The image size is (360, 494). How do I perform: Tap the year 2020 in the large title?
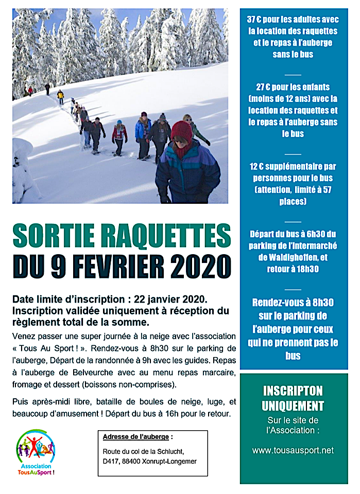click(x=199, y=266)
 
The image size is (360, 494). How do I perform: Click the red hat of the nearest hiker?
click(x=181, y=131)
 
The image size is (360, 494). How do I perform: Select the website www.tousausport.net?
click(x=293, y=450)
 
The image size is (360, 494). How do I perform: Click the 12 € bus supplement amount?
click(x=257, y=167)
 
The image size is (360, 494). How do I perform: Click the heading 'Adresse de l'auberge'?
click(x=135, y=437)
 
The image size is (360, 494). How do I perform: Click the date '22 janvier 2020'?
click(x=169, y=299)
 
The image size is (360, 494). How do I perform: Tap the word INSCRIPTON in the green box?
click(x=293, y=391)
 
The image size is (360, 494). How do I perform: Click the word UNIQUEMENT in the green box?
click(x=293, y=406)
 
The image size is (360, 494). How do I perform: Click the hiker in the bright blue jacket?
click(x=143, y=132)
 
